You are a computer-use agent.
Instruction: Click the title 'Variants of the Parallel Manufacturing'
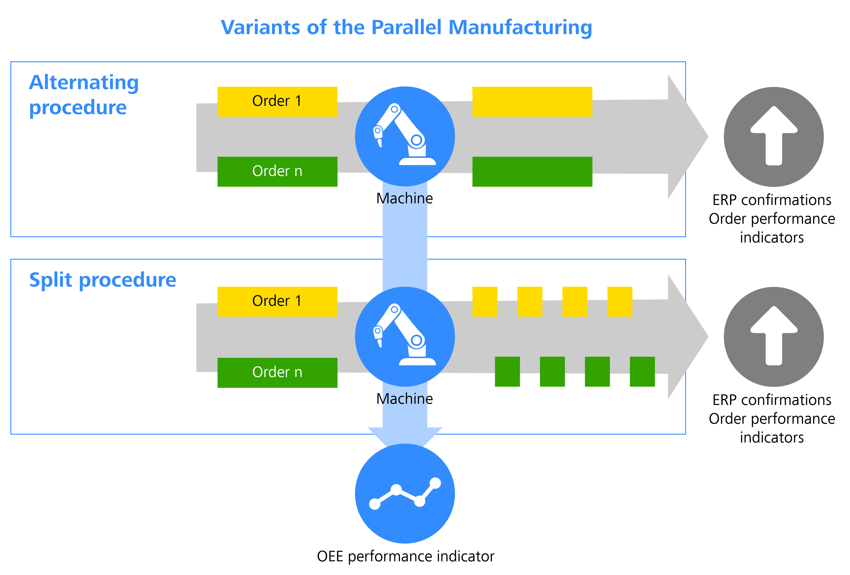click(406, 28)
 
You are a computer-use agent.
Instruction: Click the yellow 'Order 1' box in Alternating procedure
click(277, 101)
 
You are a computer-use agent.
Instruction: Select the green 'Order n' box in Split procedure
click(277, 372)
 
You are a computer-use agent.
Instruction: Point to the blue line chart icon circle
click(405, 494)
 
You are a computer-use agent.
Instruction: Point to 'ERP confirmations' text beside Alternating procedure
click(772, 200)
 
